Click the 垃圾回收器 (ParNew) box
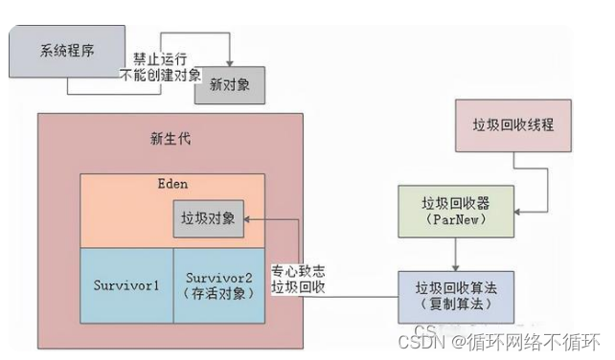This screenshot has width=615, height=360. (x=455, y=211)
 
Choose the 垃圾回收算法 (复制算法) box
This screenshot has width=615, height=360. (x=455, y=295)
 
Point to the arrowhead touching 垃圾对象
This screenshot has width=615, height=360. (x=249, y=220)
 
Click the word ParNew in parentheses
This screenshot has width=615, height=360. (x=455, y=219)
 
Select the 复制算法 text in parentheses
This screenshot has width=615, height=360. (x=455, y=304)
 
